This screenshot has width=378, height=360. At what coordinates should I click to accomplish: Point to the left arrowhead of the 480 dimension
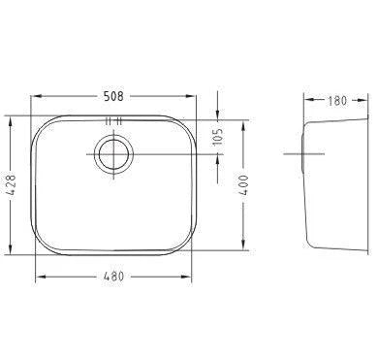[x=40, y=277]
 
